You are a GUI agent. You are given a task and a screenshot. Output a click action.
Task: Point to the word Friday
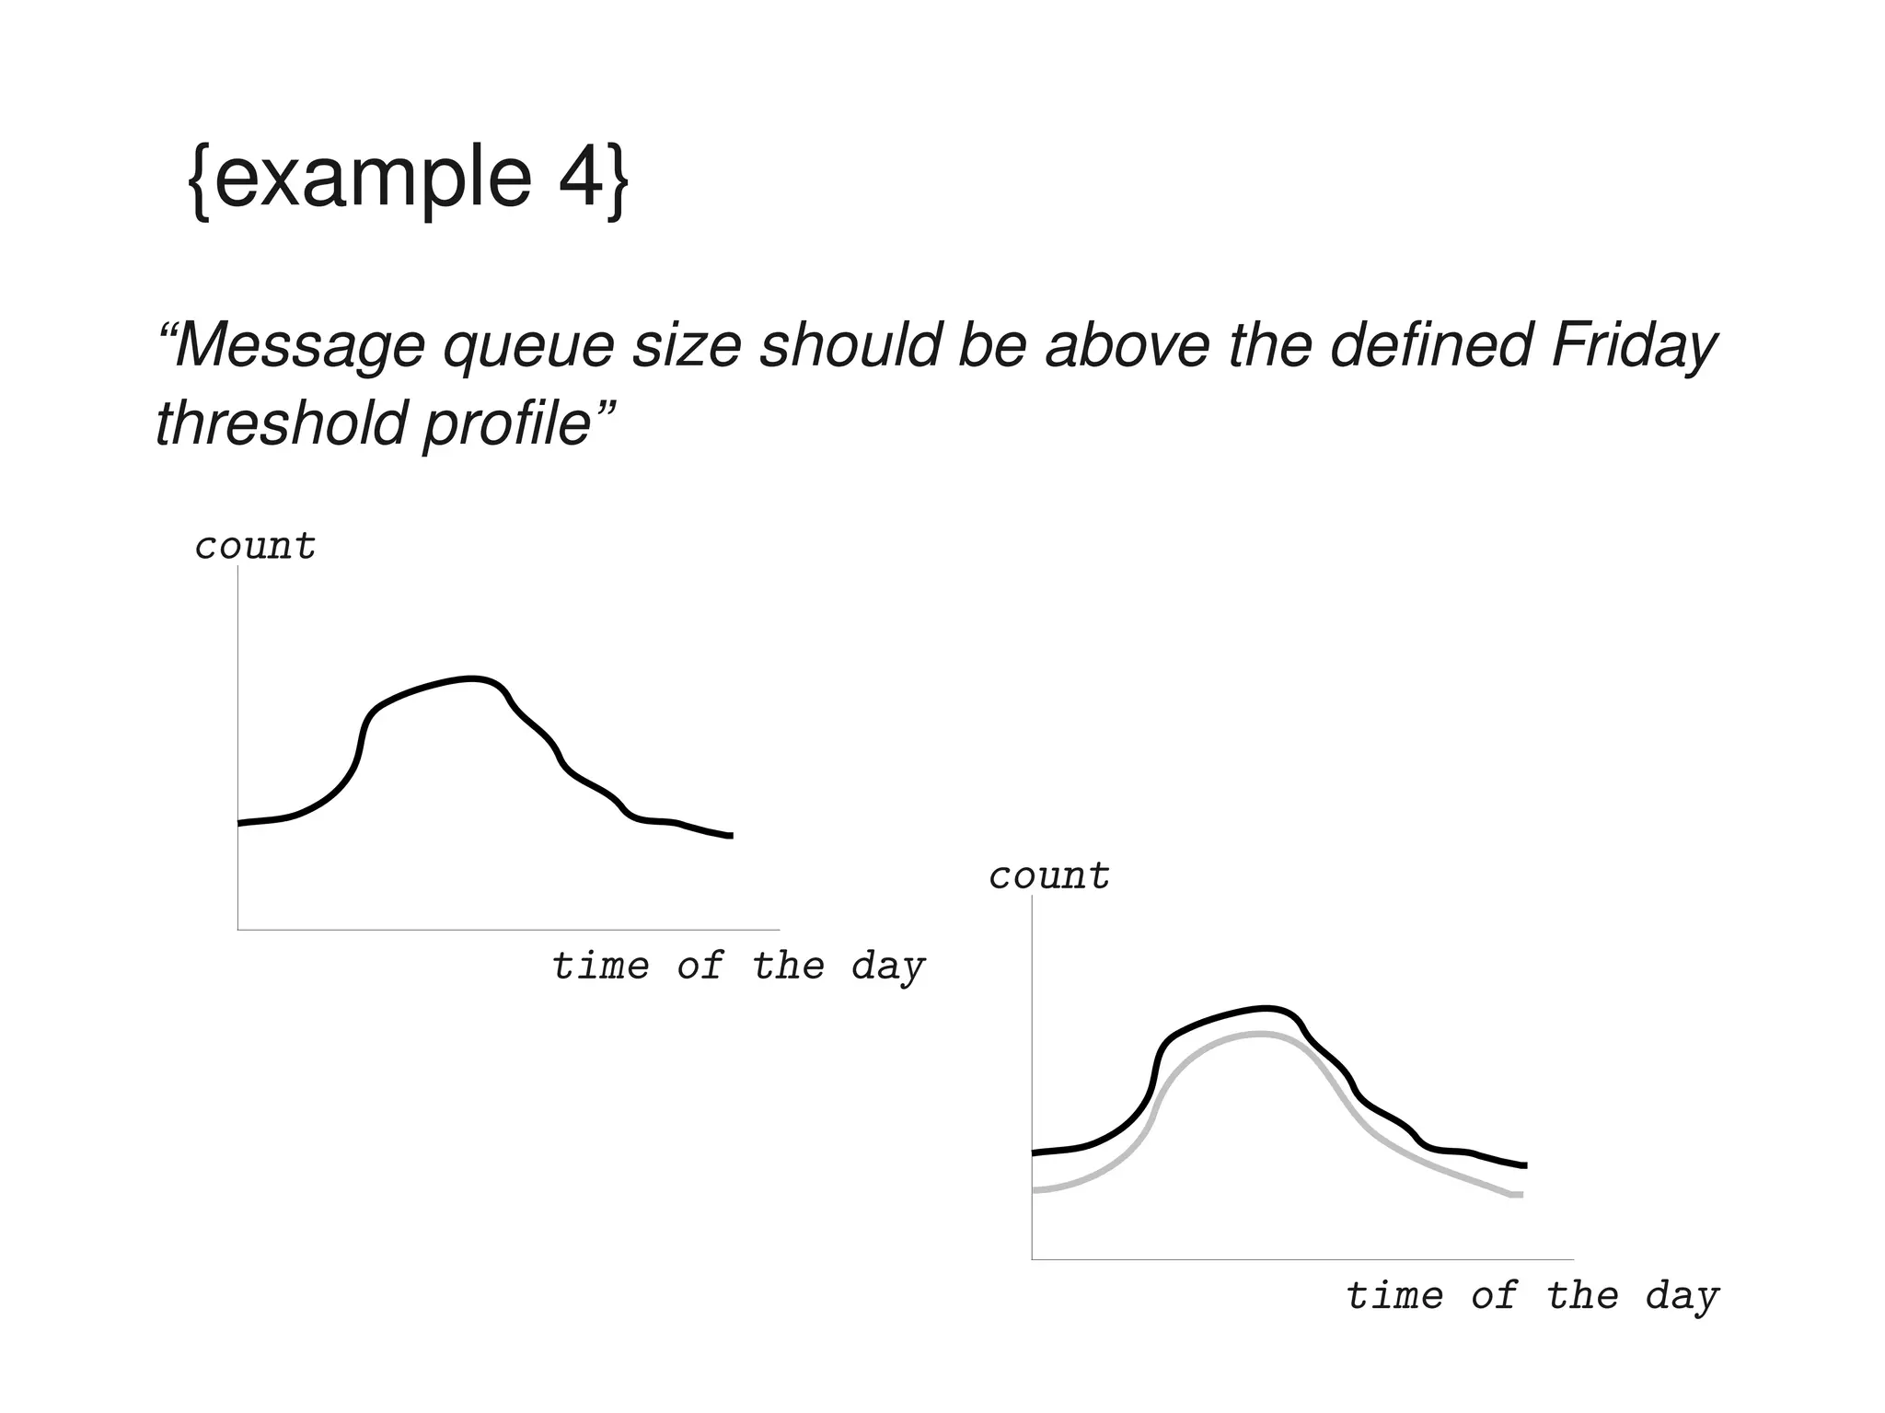tap(1634, 348)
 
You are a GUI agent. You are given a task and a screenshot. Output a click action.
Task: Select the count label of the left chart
tap(256, 547)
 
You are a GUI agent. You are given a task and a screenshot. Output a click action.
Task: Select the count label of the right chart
tap(1049, 876)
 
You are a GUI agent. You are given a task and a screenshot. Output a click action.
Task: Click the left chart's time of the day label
tap(738, 967)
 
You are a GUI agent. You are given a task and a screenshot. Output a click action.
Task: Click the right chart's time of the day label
tap(1532, 1296)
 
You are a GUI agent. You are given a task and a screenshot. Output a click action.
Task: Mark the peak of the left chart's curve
tap(472, 679)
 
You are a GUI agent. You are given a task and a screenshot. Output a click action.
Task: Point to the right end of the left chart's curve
tap(731, 836)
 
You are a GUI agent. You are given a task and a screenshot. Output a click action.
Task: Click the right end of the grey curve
tap(1521, 1195)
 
